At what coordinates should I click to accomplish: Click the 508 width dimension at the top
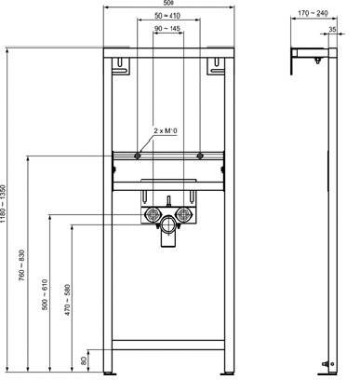pos(167,7)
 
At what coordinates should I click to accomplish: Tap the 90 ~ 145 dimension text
pos(167,32)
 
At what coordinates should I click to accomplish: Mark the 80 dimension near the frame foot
pos(85,358)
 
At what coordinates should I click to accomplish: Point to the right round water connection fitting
pos(183,219)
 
